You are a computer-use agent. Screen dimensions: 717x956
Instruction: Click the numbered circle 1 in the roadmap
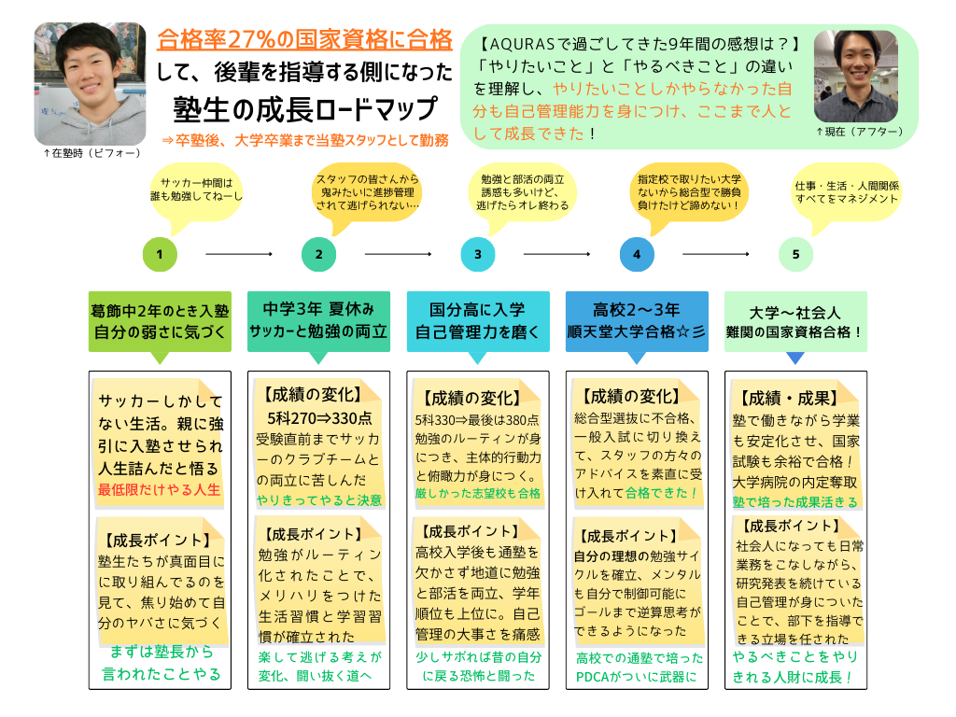pos(160,254)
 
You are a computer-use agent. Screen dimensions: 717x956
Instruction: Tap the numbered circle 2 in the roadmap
pos(318,254)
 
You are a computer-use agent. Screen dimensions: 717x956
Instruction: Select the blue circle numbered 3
pos(477,254)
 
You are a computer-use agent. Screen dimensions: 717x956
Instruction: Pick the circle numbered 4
pos(636,254)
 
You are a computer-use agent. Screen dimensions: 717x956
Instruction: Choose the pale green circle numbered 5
pos(795,254)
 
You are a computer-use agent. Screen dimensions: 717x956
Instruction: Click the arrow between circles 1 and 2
pos(238,254)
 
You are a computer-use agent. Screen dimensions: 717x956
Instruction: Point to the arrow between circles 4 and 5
pos(716,254)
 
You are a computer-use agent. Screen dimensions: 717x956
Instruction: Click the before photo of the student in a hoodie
pos(91,82)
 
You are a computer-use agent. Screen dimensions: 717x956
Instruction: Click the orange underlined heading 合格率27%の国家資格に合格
pos(305,40)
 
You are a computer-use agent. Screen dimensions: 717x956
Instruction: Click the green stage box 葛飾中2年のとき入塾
pos(160,320)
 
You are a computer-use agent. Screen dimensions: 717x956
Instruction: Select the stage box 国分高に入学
pos(477,320)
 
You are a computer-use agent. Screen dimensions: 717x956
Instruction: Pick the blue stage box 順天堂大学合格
pos(636,320)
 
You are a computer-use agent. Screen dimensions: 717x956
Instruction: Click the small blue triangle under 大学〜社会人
pos(795,358)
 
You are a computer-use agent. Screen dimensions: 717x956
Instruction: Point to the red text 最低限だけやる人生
pos(159,489)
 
